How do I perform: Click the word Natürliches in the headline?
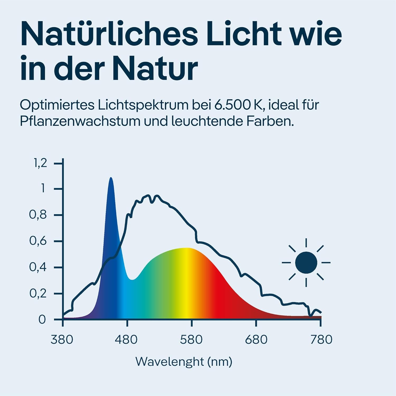[109, 34]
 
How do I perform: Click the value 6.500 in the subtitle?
[232, 105]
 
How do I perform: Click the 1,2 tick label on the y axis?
[40, 163]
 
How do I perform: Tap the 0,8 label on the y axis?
[38, 215]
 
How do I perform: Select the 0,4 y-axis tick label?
[38, 267]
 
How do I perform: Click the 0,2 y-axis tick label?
[38, 293]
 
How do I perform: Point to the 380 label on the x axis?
[62, 340]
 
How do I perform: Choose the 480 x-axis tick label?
[126, 340]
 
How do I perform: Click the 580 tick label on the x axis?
[191, 340]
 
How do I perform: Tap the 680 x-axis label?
[256, 340]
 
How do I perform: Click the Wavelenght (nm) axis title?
[184, 362]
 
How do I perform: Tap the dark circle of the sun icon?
[306, 263]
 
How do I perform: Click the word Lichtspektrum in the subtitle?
[143, 105]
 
